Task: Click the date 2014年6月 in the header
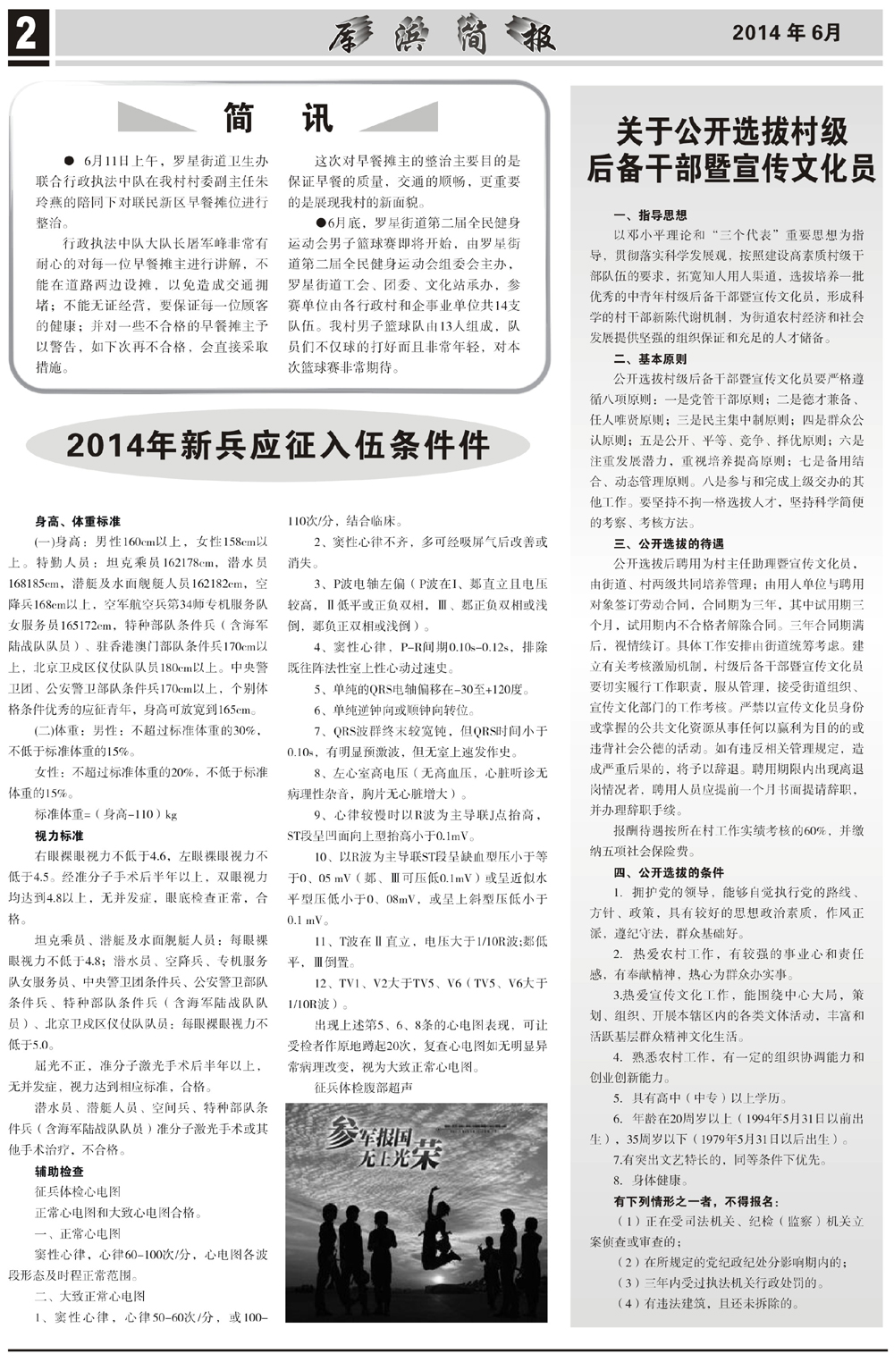pyautogui.click(x=787, y=33)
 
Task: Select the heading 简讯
pyautogui.click(x=279, y=118)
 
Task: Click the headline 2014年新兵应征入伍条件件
pyautogui.click(x=278, y=444)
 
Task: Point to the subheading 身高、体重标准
pyautogui.click(x=78, y=521)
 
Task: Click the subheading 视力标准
pyautogui.click(x=59, y=836)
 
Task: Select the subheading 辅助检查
pyautogui.click(x=59, y=1172)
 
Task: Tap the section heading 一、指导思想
pyautogui.click(x=650, y=215)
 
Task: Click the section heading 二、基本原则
pyautogui.click(x=650, y=359)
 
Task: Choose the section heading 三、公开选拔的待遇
pyautogui.click(x=669, y=543)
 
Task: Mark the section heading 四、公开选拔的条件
pyautogui.click(x=669, y=872)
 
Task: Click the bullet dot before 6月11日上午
pyautogui.click(x=67, y=161)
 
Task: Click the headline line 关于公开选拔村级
pyautogui.click(x=731, y=132)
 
